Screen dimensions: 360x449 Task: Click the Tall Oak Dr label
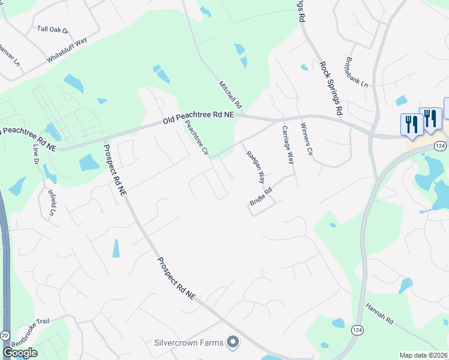tap(53, 29)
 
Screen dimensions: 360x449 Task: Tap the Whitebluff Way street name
tap(67, 50)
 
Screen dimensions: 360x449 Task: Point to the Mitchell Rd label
tap(229, 94)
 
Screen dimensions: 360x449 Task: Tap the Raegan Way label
tap(256, 167)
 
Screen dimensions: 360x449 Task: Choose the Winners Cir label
tap(307, 139)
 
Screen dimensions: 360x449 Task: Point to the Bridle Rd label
tap(261, 198)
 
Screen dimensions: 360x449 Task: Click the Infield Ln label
tap(51, 203)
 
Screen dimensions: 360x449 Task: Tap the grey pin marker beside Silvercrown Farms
tap(232, 343)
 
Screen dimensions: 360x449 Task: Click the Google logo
tap(20, 353)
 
